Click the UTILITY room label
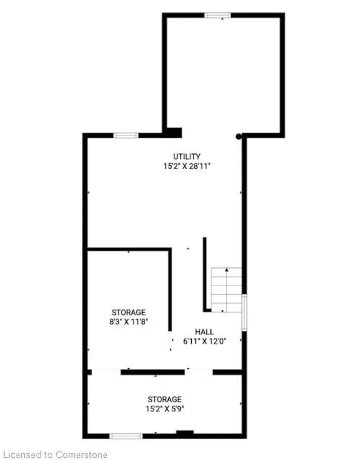point(187,156)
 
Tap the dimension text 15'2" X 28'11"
point(187,166)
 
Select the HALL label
point(205,332)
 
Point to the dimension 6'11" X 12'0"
point(205,341)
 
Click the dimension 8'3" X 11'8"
point(128,322)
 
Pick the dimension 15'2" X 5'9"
point(165,409)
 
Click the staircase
point(227,290)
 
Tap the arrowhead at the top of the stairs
point(227,269)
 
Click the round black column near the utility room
point(239,137)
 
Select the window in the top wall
point(218,15)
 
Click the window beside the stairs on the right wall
point(244,313)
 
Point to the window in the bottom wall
point(126,436)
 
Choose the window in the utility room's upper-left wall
point(126,136)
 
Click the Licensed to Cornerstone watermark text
point(56,455)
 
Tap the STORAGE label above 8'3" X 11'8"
point(128,312)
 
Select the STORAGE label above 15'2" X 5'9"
point(165,399)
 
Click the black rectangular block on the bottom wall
point(185,432)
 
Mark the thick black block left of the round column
point(173,133)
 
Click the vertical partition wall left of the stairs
point(205,274)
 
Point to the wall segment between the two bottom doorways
point(152,372)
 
